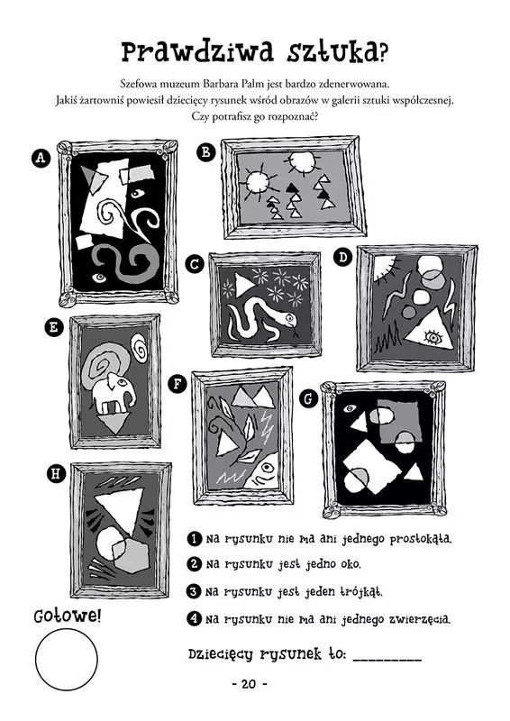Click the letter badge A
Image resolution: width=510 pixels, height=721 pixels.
coord(41,158)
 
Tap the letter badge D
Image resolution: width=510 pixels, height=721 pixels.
coord(342,257)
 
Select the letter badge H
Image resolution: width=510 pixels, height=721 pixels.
coord(56,473)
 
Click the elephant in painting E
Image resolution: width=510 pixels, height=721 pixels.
coord(114,392)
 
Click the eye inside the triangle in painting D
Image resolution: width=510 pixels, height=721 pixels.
coord(433,338)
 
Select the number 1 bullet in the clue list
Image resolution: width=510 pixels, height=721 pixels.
coord(195,538)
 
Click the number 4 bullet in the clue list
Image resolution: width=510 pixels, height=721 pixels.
coord(195,619)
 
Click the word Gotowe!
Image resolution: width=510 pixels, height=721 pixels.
coord(67,616)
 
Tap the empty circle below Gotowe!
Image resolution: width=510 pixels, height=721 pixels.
coord(67,659)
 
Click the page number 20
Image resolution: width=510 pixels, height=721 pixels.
coord(249,684)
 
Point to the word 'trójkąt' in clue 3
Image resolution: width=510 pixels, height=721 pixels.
coord(360,592)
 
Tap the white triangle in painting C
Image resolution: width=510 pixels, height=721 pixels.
coord(242,285)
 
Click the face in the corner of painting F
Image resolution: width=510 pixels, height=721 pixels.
coord(265,472)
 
